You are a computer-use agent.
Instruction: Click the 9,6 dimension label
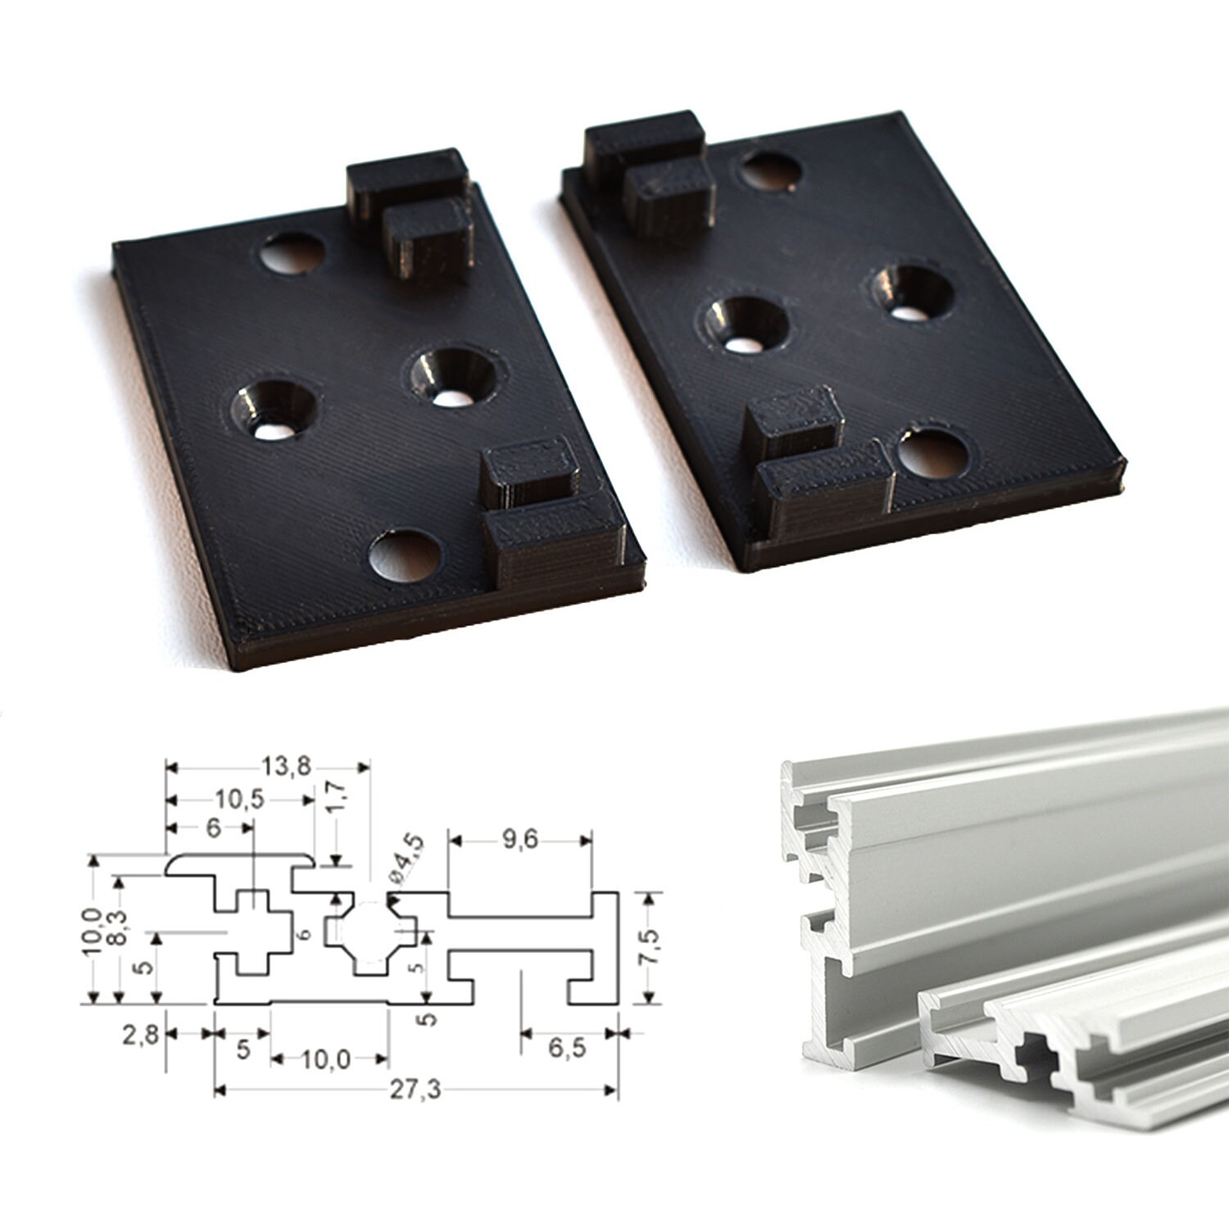click(519, 840)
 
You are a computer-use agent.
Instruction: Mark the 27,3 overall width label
click(415, 1089)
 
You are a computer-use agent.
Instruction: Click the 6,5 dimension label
click(567, 1047)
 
